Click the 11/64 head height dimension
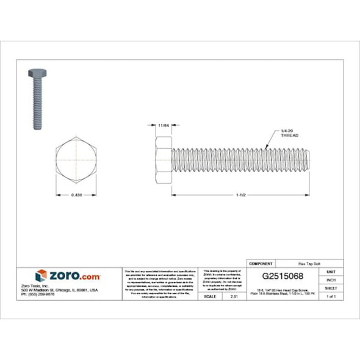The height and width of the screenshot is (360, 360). (162, 125)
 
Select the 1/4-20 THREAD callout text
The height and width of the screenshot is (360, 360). (289, 134)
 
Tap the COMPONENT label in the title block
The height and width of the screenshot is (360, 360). (262, 263)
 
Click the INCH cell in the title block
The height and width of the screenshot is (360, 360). (331, 279)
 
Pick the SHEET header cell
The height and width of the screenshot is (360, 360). (331, 287)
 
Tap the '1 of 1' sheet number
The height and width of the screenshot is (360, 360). (331, 296)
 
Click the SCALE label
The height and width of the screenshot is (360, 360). (211, 296)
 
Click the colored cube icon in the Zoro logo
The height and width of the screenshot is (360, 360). (41, 275)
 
